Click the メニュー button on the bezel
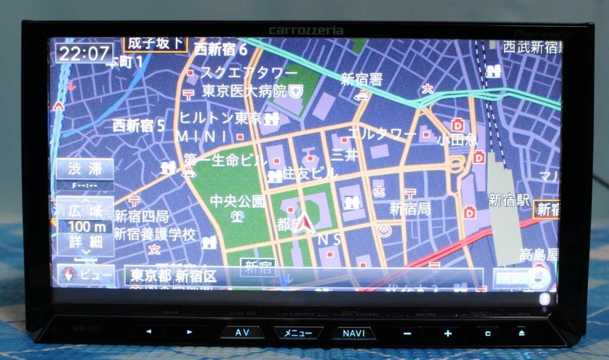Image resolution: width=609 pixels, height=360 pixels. click(298, 333)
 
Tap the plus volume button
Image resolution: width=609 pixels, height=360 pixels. click(447, 333)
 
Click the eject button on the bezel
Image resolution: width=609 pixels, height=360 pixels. click(521, 333)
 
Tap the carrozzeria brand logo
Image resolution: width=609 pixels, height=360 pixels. click(306, 30)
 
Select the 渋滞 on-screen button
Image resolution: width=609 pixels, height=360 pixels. click(85, 168)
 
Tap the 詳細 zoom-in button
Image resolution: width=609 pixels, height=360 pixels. click(85, 242)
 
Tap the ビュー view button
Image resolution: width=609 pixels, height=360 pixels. click(86, 275)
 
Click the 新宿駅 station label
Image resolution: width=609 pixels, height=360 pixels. click(508, 200)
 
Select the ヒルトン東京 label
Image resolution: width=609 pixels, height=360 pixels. click(221, 118)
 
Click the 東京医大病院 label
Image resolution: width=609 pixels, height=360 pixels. click(244, 91)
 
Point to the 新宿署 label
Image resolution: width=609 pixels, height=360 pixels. click(362, 79)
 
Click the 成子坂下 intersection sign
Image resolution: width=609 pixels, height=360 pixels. click(155, 43)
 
